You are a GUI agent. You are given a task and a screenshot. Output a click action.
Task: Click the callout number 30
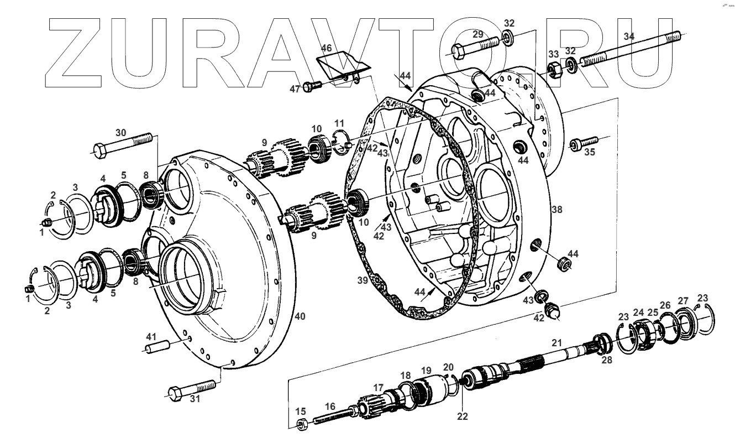pos(120,133)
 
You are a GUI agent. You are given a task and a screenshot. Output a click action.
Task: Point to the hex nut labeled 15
pos(302,425)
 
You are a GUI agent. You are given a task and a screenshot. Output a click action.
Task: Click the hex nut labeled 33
pos(555,69)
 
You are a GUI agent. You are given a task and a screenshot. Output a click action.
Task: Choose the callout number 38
pos(556,210)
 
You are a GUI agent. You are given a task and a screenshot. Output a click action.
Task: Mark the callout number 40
pos(300,316)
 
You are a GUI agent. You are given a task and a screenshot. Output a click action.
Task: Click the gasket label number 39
pos(363,281)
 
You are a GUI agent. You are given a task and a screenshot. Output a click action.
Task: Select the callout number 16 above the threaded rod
pos(330,407)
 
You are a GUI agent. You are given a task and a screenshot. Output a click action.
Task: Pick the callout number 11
pos(339,123)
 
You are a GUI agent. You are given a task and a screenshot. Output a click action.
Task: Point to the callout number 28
pos(606,361)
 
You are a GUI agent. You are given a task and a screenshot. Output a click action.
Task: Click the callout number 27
pos(684,301)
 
